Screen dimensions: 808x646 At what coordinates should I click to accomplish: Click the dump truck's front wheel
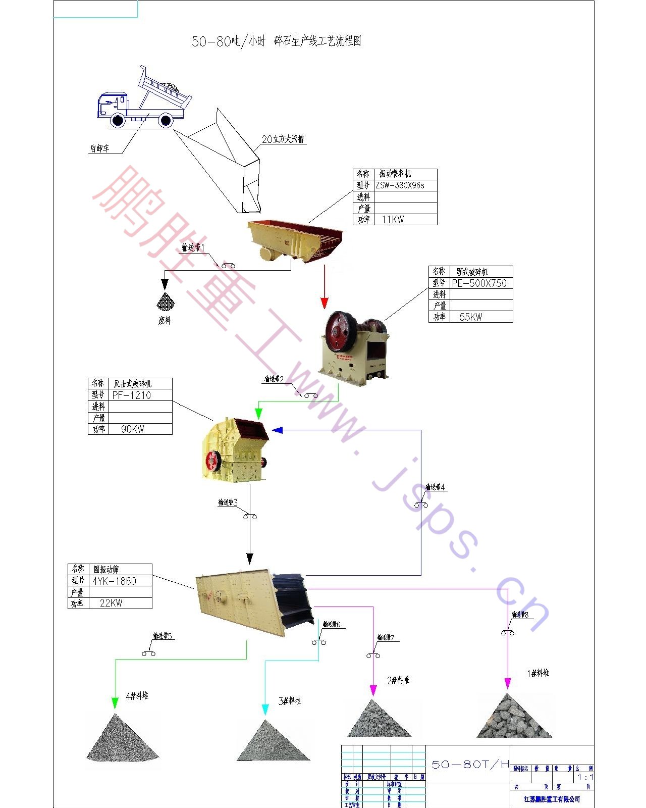(118, 120)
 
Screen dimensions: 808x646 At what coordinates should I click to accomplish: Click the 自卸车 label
(99, 148)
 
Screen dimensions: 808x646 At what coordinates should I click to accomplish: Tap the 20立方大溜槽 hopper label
(283, 139)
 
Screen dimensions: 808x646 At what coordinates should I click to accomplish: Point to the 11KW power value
(393, 220)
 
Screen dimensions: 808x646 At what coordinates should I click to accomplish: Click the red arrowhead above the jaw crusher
(325, 303)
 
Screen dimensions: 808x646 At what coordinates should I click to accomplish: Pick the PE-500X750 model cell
(479, 283)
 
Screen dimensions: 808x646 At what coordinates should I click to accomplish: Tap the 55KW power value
(470, 317)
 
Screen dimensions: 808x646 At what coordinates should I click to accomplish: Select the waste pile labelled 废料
(165, 302)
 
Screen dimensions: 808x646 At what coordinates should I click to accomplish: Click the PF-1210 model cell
(132, 395)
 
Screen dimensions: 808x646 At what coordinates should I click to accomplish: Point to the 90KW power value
(132, 429)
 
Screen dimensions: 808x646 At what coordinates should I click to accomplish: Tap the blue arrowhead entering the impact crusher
(277, 430)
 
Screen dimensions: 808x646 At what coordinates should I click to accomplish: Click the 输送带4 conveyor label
(435, 487)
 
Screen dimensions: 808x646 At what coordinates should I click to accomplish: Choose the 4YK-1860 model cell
(115, 581)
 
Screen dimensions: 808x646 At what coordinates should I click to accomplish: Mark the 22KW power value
(111, 603)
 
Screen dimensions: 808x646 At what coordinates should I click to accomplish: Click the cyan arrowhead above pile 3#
(265, 710)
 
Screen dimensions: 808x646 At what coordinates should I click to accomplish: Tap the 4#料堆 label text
(137, 696)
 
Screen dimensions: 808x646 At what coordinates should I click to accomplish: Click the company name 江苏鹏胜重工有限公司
(552, 799)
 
